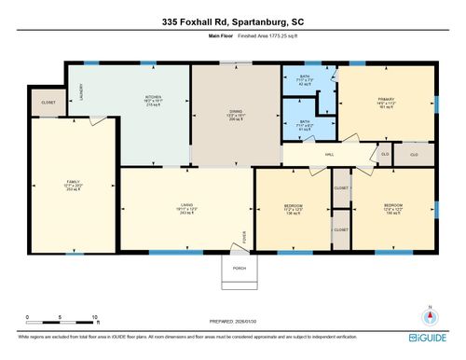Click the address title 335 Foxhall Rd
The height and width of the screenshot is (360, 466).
pyautogui.click(x=232, y=20)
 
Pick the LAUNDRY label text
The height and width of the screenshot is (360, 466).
pyautogui.click(x=81, y=91)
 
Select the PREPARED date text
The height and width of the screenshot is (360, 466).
pyautogui.click(x=233, y=322)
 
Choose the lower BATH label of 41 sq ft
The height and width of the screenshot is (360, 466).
pyautogui.click(x=304, y=122)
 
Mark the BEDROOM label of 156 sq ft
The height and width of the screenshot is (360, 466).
pyautogui.click(x=392, y=208)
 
